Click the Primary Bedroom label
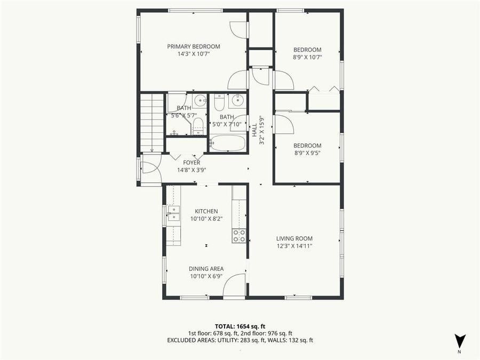coord(193,46)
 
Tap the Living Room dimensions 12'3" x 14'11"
coord(294,246)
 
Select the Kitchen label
coord(206,211)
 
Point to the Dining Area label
coord(206,268)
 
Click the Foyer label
coord(191,163)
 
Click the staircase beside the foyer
coord(151,123)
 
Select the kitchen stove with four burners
coord(239,236)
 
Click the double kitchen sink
coord(173,213)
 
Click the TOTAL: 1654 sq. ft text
coord(239,325)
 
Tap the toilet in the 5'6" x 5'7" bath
coord(197,126)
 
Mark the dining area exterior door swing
coord(234,287)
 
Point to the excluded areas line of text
coord(239,340)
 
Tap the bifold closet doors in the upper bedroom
coord(324,90)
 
